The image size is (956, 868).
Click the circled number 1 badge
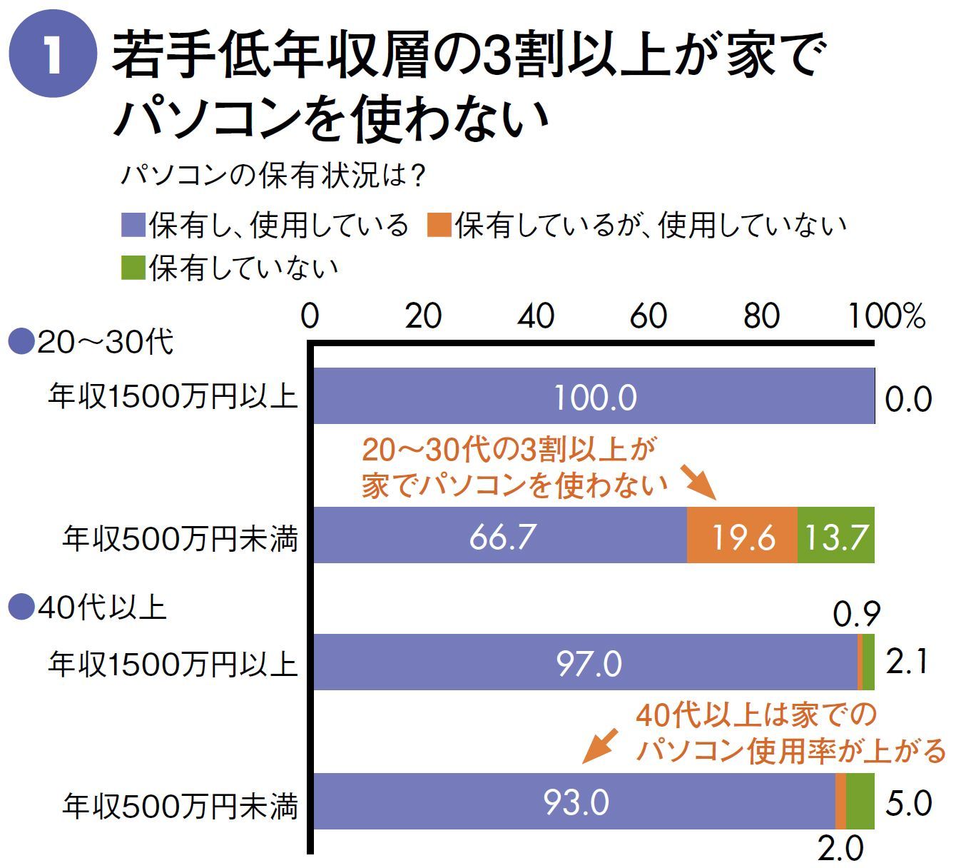(52, 57)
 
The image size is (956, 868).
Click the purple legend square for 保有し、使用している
(133, 225)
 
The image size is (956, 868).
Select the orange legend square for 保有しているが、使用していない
(439, 225)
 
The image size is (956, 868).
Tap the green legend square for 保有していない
(133, 268)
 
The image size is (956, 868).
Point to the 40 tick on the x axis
(536, 316)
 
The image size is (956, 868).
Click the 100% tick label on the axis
(887, 316)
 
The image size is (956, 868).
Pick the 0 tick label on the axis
(310, 316)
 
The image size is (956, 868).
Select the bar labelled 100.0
(594, 397)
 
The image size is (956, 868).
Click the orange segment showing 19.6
(742, 535)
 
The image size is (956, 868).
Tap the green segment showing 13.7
(835, 535)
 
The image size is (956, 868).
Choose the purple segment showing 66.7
(501, 535)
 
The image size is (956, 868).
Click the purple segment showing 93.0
(575, 801)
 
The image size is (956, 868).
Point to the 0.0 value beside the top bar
(908, 398)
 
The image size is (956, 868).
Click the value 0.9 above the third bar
(856, 614)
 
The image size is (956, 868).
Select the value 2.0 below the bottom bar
(840, 849)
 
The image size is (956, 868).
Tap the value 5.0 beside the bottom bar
(908, 804)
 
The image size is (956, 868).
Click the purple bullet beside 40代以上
(21, 608)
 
